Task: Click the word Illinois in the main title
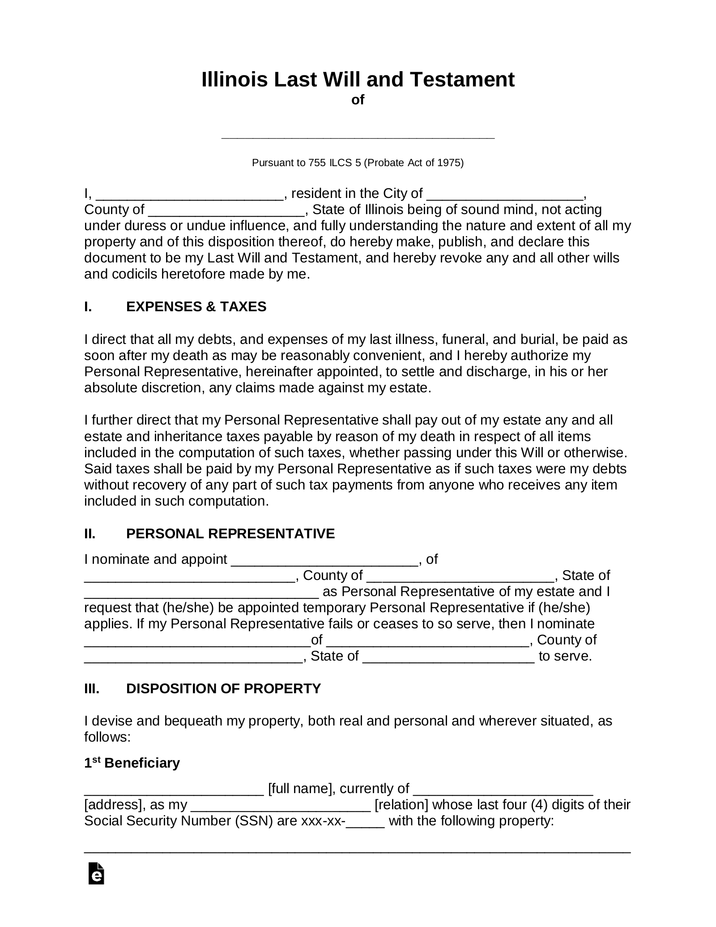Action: click(x=234, y=80)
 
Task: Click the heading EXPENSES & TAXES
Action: click(x=196, y=307)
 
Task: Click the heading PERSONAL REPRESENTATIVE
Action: click(x=230, y=534)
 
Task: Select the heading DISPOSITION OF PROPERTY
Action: click(x=223, y=688)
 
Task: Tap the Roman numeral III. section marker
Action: click(x=92, y=688)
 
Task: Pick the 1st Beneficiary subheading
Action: click(x=132, y=763)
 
